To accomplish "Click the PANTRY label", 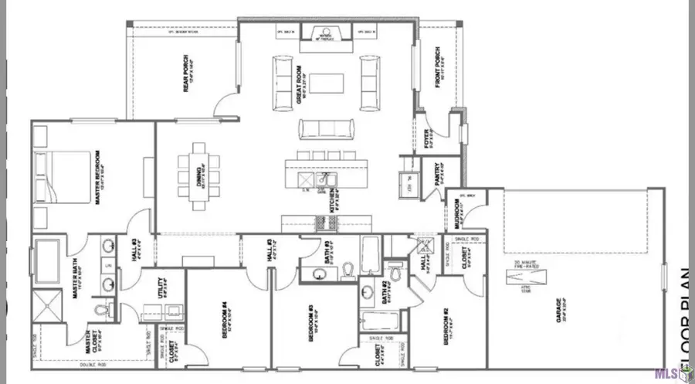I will (x=437, y=170).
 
